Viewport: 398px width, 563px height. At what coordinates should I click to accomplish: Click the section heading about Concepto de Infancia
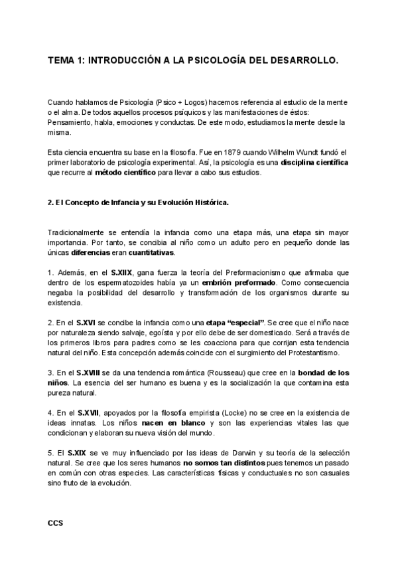(x=138, y=202)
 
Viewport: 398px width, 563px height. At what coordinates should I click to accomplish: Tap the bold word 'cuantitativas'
(x=151, y=252)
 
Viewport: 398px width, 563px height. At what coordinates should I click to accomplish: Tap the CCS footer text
(x=56, y=523)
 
